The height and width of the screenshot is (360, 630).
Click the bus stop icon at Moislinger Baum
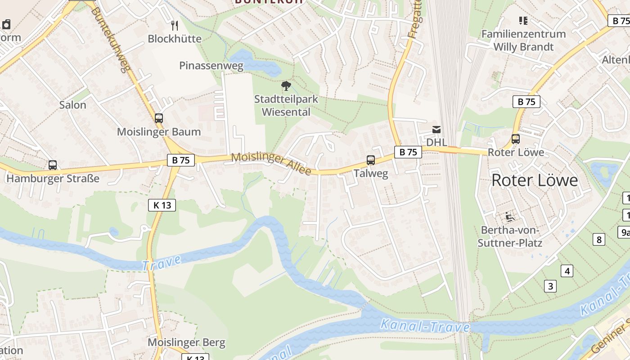tap(159, 118)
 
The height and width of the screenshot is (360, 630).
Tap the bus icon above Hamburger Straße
tap(53, 165)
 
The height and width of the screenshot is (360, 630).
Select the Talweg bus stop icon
tap(371, 160)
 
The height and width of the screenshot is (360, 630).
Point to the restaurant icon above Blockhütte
tap(175, 25)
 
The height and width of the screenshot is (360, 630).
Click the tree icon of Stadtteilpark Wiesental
tap(286, 86)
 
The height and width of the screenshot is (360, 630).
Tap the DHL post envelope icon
tap(436, 130)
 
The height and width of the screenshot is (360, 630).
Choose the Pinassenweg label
tap(211, 66)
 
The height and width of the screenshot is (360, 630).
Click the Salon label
tap(72, 105)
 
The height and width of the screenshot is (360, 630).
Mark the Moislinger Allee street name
tap(271, 164)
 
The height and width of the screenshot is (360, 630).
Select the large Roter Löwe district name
tap(535, 180)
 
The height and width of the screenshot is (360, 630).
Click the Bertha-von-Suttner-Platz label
tap(512, 237)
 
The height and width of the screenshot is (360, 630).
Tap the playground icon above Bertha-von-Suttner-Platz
tap(510, 217)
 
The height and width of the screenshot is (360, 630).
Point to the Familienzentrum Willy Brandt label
tap(523, 40)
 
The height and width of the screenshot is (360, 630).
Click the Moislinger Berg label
tap(186, 342)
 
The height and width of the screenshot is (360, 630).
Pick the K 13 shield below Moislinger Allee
tap(162, 205)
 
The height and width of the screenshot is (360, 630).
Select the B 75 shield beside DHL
tap(408, 152)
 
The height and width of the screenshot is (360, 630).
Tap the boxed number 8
tap(598, 239)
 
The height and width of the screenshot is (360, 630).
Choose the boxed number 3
tap(550, 286)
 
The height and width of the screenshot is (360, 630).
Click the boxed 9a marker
tap(625, 232)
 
